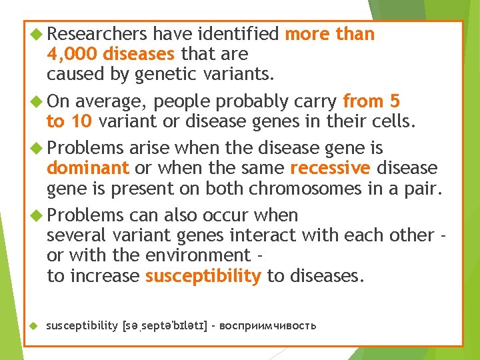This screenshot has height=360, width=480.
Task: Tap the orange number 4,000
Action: coord(73,54)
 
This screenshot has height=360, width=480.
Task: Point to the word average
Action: coord(109,101)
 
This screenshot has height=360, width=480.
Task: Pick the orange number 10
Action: coord(81,122)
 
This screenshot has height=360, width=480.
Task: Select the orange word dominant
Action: coord(88,169)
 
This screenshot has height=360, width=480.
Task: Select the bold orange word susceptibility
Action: coord(203,276)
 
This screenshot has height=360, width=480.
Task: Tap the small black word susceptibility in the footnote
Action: coord(81,326)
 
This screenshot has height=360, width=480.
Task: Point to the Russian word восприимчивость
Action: coord(267,326)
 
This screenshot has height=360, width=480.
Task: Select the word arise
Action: coord(153,148)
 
